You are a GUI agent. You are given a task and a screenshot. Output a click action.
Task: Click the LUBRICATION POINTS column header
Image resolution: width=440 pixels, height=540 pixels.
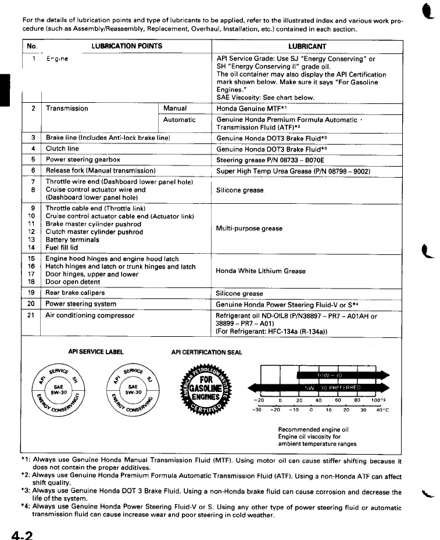pyautogui.click(x=127, y=46)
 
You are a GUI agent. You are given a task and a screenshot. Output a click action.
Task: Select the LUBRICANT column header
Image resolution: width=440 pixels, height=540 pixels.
pyautogui.click(x=307, y=46)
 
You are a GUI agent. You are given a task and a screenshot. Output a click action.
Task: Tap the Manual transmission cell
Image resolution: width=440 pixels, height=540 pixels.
pyautogui.click(x=175, y=109)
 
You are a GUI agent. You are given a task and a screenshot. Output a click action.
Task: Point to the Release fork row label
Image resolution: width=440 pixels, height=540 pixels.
pyautogui.click(x=101, y=171)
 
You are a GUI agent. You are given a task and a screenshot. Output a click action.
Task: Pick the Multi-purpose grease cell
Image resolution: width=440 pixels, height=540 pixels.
pyautogui.click(x=249, y=228)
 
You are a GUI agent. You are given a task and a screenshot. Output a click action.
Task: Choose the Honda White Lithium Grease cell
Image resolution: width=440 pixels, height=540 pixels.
pyautogui.click(x=260, y=271)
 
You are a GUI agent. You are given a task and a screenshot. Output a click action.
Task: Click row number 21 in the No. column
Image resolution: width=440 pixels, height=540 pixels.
pyautogui.click(x=31, y=316)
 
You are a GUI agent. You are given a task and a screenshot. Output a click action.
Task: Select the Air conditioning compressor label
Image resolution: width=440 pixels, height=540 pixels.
pyautogui.click(x=90, y=316)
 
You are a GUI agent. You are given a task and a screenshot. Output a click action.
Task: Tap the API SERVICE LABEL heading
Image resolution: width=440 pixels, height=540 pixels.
pyautogui.click(x=96, y=351)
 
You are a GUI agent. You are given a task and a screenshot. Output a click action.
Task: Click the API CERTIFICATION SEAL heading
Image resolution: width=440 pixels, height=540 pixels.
pyautogui.click(x=207, y=351)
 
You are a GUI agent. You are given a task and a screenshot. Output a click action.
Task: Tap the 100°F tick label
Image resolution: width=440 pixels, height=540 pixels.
pyautogui.click(x=378, y=400)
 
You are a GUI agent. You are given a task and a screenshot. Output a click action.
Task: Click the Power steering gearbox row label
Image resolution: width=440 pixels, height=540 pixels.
pyautogui.click(x=83, y=159)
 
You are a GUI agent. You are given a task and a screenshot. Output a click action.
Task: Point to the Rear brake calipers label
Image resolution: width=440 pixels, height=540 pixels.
pyautogui.click(x=76, y=293)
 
